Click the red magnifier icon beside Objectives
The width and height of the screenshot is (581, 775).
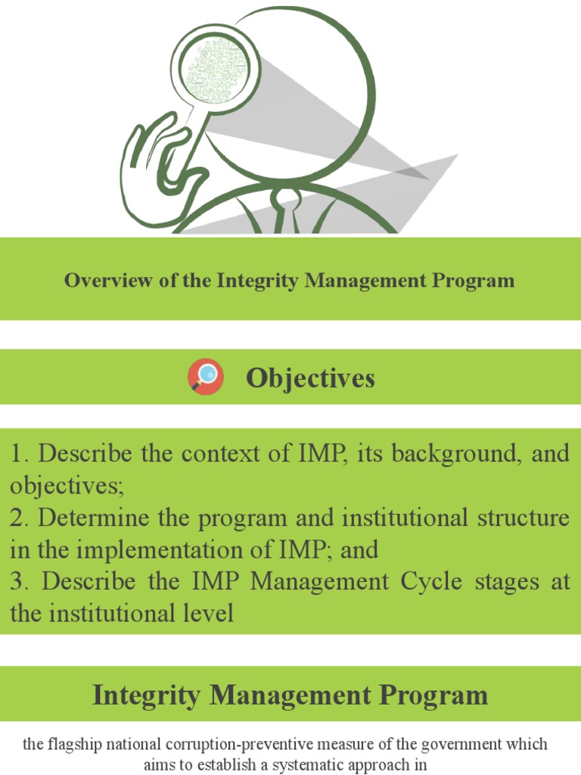[205, 377]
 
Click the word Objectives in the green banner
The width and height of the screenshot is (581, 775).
[310, 378]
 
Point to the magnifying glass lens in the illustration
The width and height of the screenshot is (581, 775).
[210, 70]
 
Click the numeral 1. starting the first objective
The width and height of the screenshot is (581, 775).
[20, 454]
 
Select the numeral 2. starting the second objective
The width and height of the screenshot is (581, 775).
[20, 518]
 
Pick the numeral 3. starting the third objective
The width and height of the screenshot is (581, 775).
[20, 582]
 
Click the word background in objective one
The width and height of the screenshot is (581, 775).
[455, 454]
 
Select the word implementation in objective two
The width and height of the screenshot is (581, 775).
[154, 550]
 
